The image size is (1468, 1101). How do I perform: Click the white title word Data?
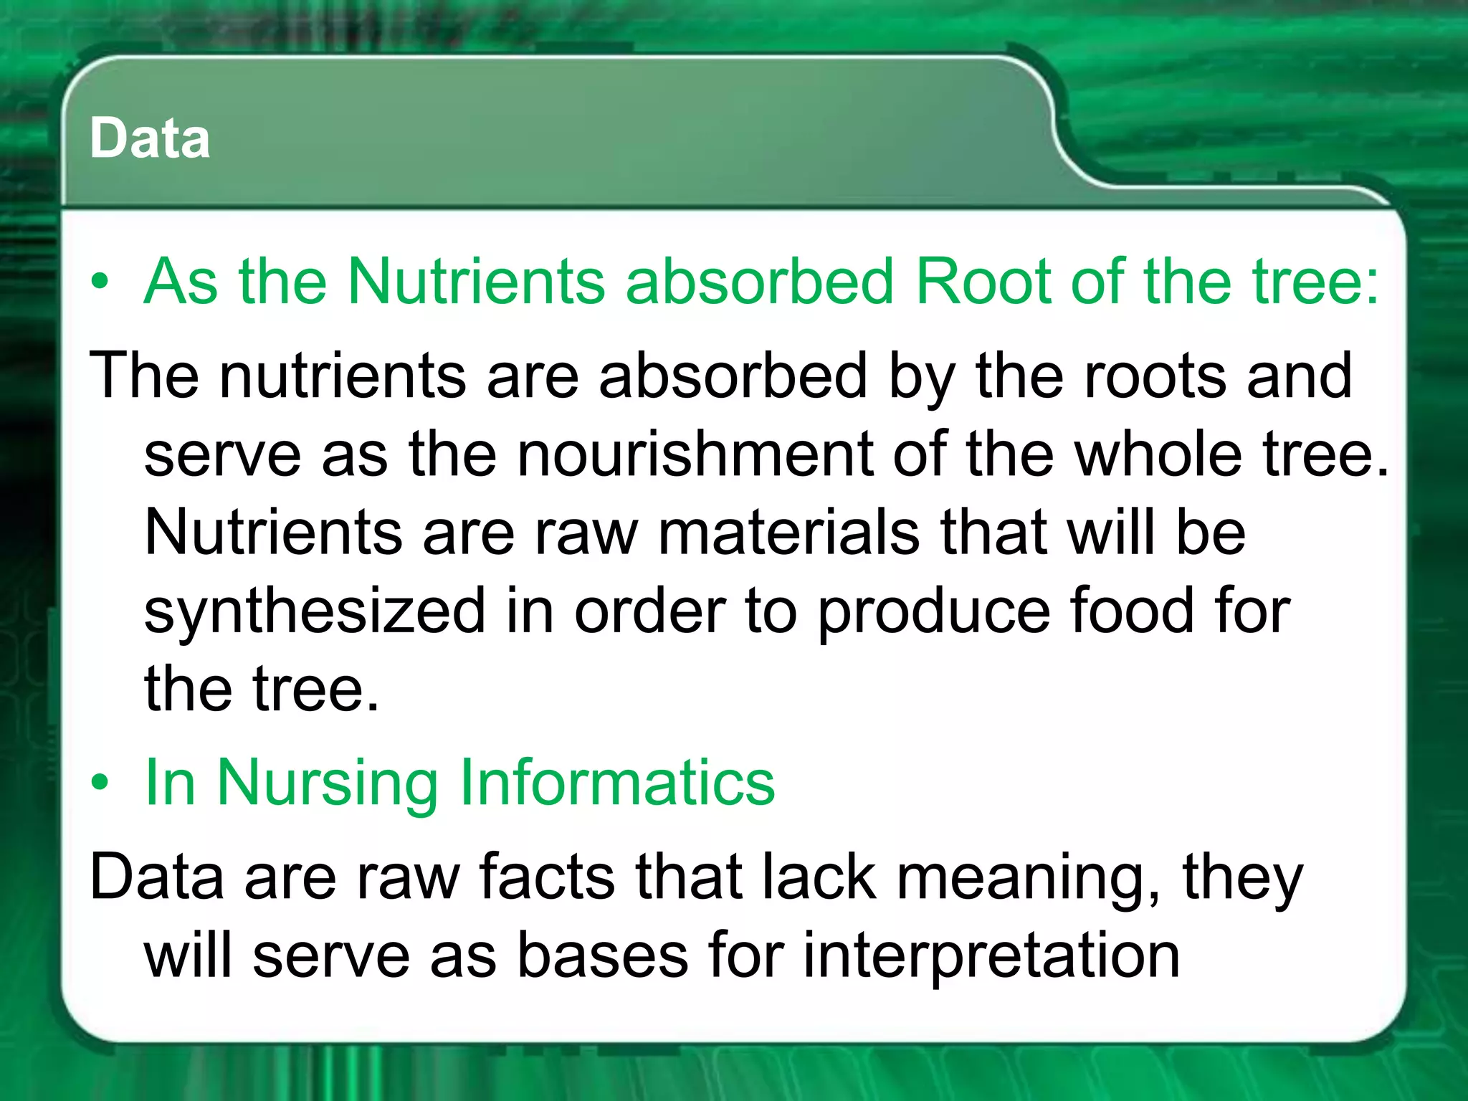150,138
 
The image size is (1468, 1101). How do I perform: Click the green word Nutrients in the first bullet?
477,281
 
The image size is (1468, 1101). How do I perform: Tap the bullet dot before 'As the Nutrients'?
100,282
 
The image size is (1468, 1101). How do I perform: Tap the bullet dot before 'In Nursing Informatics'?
100,783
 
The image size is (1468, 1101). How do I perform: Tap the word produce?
933,611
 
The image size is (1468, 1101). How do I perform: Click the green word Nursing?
328,783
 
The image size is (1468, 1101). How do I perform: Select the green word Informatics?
617,782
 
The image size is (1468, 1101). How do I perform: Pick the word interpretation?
991,957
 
